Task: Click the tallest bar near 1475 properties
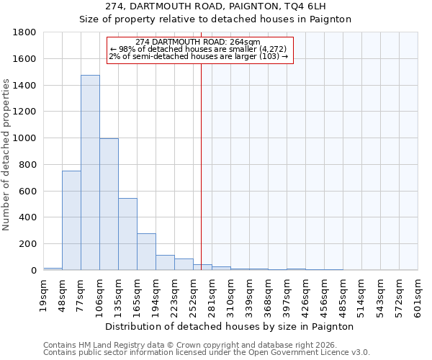tap(90, 173)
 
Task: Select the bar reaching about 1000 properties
tap(109, 204)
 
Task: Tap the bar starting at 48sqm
tap(71, 220)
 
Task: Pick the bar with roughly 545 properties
tap(127, 234)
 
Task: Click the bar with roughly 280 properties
tap(146, 252)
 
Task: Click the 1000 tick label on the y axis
tap(26, 138)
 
